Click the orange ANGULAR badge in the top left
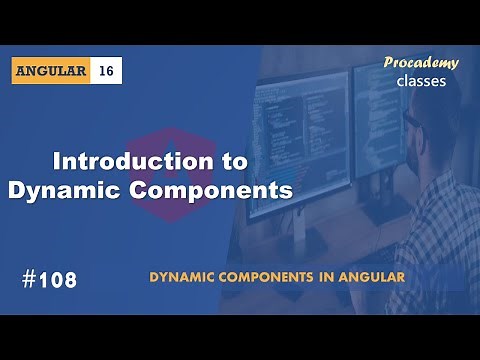coord(53,71)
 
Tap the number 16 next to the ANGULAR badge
coord(107,71)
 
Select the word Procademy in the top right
coord(421,63)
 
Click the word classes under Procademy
coord(421,81)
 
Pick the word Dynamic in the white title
coord(65,189)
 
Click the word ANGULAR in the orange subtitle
coord(379,277)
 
